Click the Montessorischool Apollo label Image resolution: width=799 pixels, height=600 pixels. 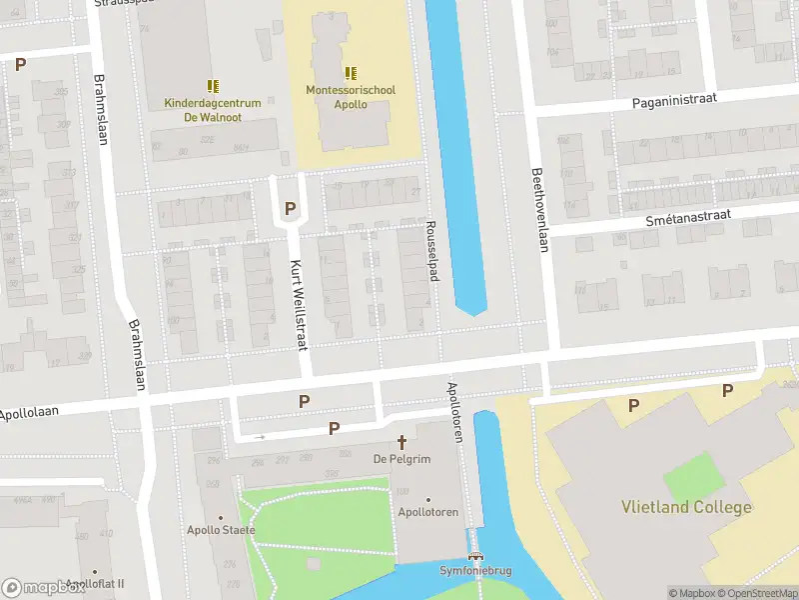click(x=351, y=97)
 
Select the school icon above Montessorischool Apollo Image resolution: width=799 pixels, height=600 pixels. click(x=351, y=73)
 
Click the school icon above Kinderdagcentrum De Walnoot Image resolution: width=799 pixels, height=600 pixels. click(x=212, y=87)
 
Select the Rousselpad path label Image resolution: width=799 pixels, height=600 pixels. click(x=432, y=251)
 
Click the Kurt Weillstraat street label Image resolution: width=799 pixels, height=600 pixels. click(x=297, y=304)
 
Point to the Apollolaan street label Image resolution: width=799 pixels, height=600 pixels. click(x=31, y=412)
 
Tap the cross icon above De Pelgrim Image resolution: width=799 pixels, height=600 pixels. click(x=402, y=441)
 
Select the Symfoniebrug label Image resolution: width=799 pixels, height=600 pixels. click(x=476, y=571)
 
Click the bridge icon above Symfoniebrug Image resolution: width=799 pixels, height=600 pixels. click(x=476, y=557)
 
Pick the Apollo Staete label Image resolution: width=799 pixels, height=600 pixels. click(x=221, y=530)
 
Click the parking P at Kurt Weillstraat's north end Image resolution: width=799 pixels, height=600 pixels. click(x=291, y=208)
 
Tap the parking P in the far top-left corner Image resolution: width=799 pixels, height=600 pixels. click(x=20, y=64)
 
